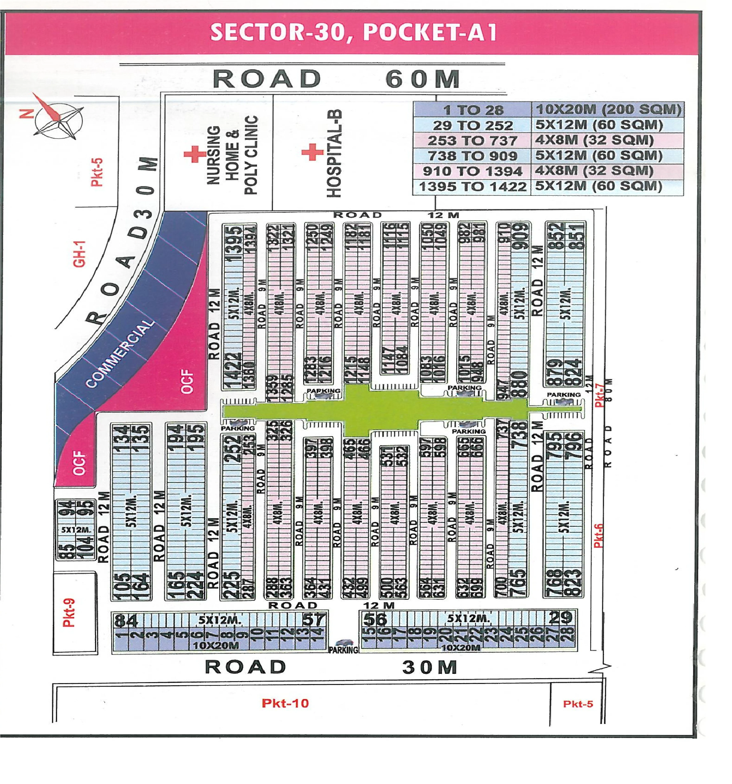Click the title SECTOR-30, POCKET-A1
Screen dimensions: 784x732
pos(353,32)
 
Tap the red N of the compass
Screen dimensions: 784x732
pos(26,114)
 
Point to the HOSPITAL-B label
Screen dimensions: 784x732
pos(334,154)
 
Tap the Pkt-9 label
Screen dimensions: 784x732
pos(69,613)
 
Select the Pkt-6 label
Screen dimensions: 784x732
pos(598,536)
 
